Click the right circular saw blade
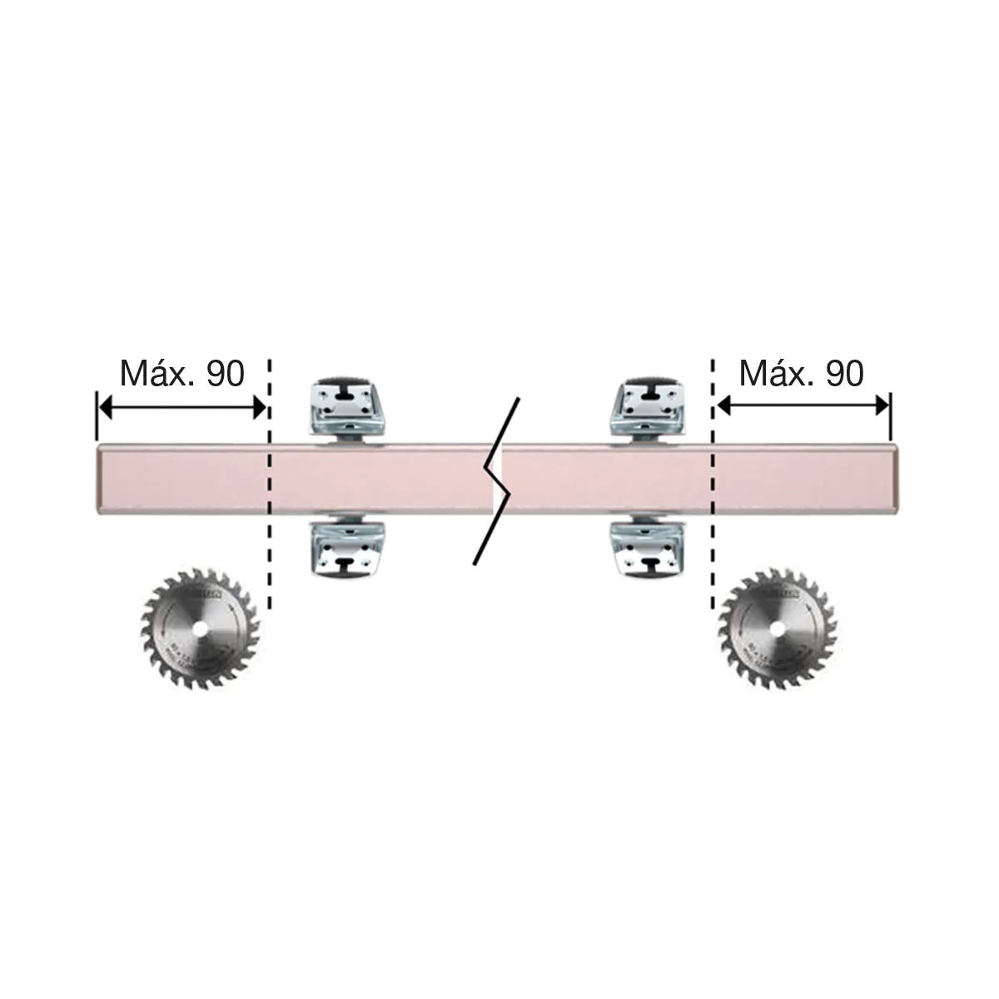778,629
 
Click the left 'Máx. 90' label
182,374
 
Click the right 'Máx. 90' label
802,374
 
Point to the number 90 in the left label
226,374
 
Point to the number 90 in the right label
845,374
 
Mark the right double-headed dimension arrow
802,406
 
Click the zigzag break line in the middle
498,481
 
